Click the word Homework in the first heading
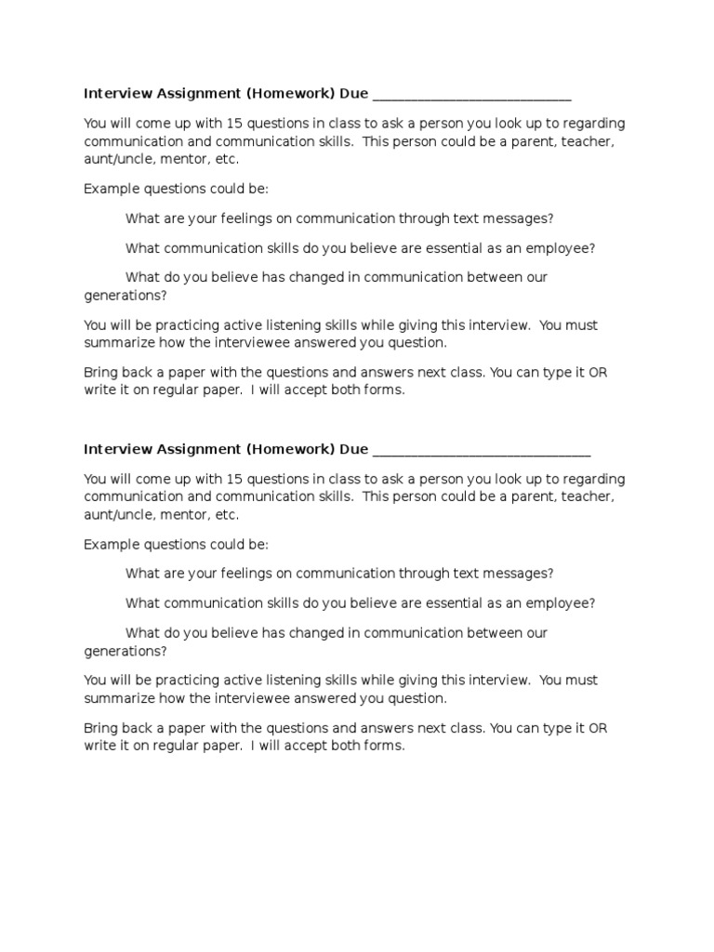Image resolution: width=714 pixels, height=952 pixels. (289, 94)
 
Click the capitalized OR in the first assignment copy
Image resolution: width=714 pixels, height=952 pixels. (598, 373)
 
